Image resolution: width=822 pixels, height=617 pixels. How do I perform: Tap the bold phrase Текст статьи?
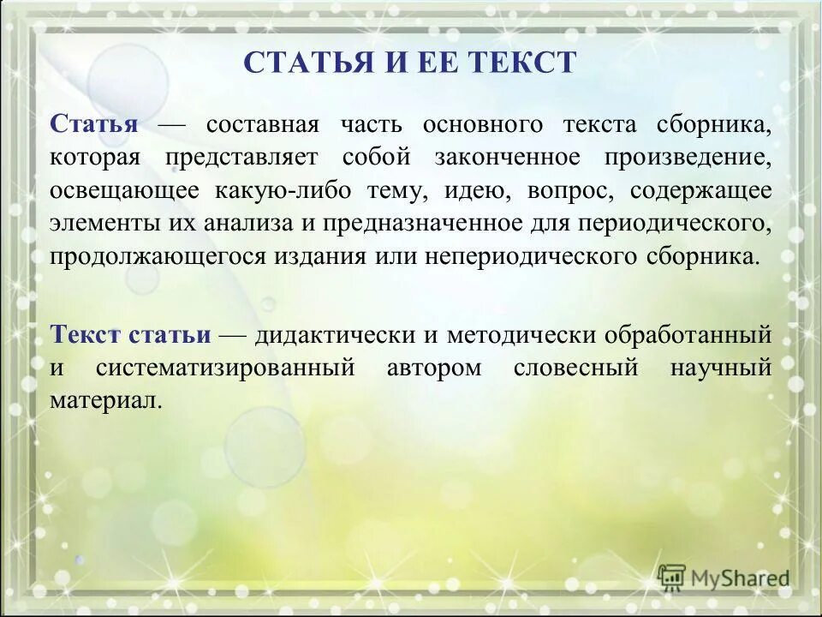pos(130,335)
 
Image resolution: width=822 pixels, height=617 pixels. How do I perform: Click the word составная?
pos(262,124)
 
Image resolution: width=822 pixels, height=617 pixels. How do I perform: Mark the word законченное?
pos(500,158)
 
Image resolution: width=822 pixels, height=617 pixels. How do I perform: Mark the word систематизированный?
pos(225,368)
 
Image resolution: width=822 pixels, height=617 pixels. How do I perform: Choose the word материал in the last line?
pos(105,401)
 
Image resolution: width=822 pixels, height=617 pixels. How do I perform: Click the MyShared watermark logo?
pos(724,578)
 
